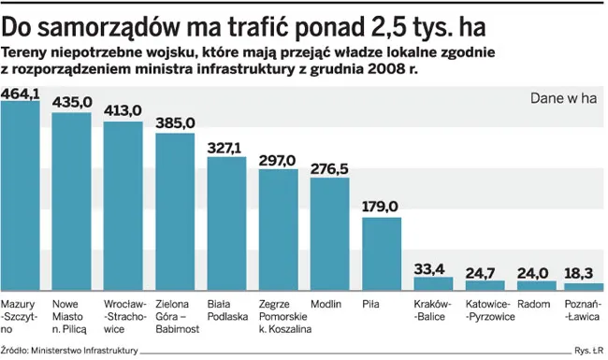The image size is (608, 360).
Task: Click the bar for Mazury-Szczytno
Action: point(21,196)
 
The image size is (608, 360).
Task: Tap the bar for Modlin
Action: point(329,234)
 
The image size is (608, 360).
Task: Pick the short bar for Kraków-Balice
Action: point(432,284)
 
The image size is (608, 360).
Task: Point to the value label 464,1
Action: point(21,94)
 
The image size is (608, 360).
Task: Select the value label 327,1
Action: point(226,147)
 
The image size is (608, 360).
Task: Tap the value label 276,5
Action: point(329,167)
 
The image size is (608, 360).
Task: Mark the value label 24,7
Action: point(485,272)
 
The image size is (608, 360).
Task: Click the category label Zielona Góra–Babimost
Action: point(175,316)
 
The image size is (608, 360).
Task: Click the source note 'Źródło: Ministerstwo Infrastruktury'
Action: point(70,351)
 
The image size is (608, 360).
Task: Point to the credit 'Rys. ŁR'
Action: point(586,351)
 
